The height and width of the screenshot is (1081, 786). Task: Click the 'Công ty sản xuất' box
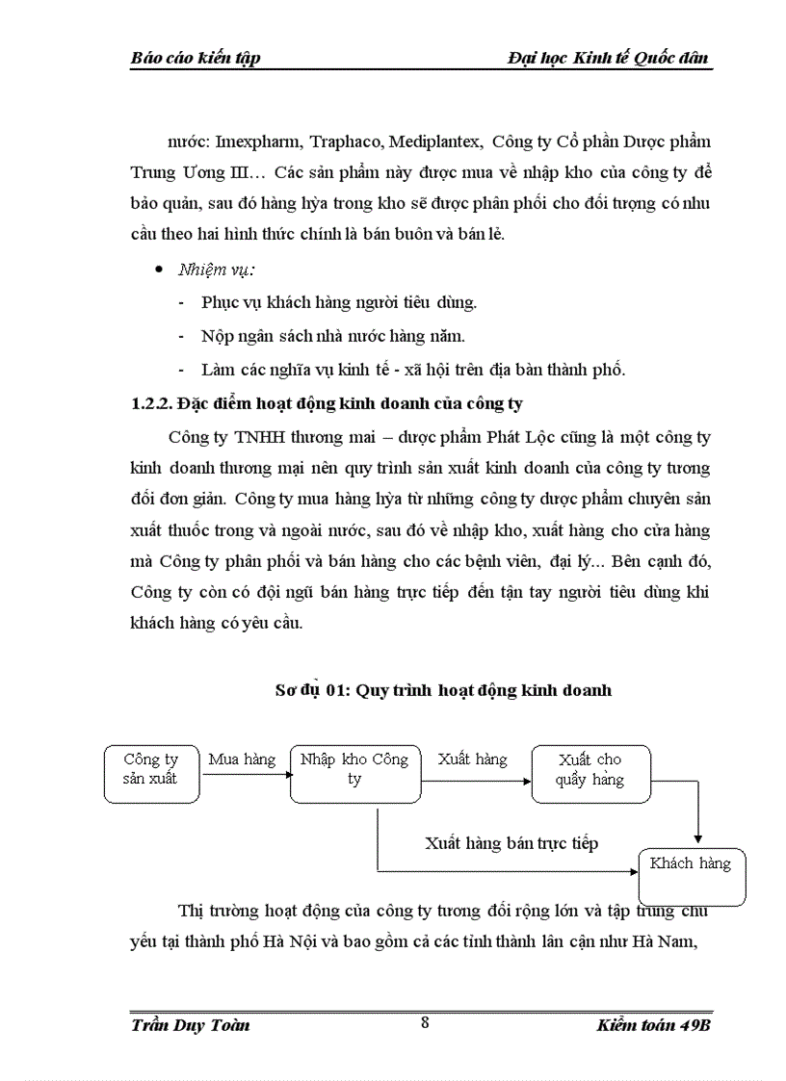click(150, 771)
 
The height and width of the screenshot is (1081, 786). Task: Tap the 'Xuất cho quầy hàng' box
click(589, 771)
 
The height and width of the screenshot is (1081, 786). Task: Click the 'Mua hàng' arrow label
click(242, 759)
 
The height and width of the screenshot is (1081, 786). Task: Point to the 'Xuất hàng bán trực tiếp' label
click(511, 843)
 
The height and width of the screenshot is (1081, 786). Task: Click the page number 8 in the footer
click(425, 1022)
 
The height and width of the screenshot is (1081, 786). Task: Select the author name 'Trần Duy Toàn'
click(190, 1024)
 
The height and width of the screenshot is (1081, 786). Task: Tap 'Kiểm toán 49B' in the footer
click(653, 1024)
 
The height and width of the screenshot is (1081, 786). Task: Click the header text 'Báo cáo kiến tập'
click(196, 59)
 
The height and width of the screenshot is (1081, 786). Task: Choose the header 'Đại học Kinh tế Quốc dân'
click(609, 59)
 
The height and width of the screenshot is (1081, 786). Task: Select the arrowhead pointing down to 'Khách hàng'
click(697, 839)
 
